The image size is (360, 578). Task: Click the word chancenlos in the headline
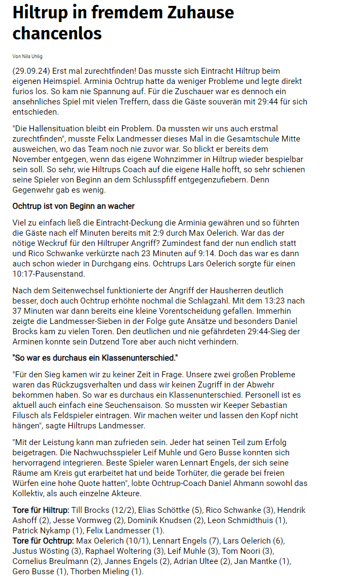[57, 33]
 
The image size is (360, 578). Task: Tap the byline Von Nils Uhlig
[27, 56]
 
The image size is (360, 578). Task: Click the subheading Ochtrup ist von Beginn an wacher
[73, 206]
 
